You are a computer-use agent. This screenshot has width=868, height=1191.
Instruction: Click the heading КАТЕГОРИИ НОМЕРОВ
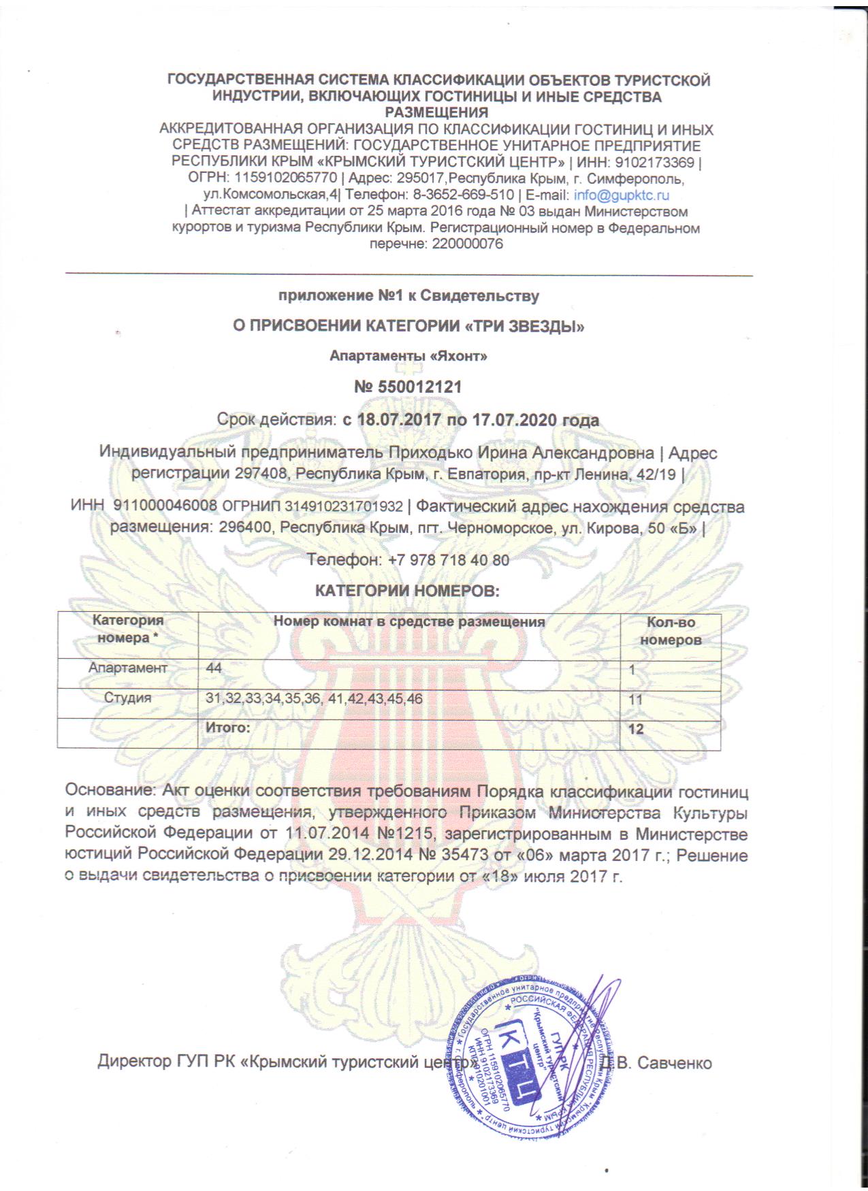407,590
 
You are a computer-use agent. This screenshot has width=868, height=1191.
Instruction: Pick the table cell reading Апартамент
127,668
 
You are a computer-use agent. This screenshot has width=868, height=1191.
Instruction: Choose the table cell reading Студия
127,698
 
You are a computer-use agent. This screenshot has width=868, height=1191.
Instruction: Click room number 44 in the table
214,668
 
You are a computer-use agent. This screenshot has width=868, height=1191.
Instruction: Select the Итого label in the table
228,728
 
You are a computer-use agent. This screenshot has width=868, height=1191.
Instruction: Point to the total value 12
636,729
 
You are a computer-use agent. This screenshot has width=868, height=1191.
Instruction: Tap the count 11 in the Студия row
636,700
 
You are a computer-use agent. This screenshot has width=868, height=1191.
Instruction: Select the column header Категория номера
127,629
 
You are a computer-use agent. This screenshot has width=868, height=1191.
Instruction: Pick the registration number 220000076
467,244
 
